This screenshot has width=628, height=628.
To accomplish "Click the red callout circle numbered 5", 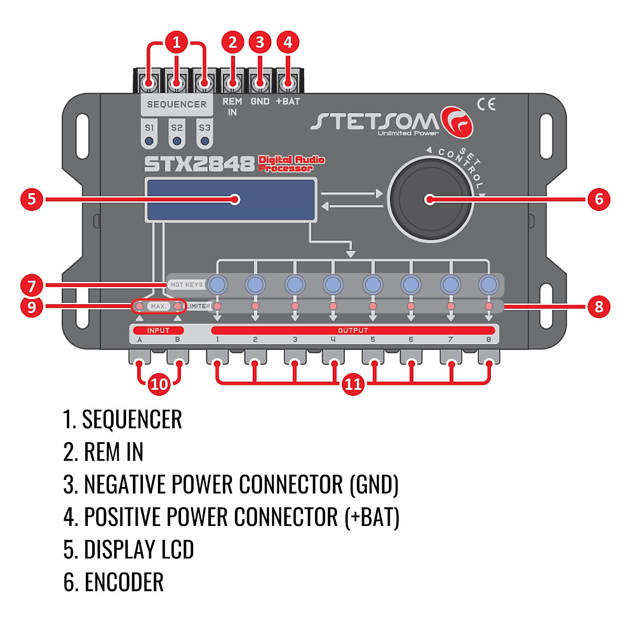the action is (31, 199).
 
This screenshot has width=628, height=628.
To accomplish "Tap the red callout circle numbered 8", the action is (599, 307).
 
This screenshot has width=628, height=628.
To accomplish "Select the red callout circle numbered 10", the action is (159, 384).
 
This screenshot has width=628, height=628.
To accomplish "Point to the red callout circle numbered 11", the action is (353, 384).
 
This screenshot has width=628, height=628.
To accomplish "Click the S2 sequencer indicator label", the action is (177, 128).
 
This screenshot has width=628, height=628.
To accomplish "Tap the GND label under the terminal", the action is (260, 102).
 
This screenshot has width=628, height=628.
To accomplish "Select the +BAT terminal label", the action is (288, 102).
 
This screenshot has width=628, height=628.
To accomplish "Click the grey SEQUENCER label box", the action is (177, 105).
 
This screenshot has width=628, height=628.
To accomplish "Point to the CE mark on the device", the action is (486, 104).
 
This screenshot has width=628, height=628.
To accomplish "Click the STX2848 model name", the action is (199, 164).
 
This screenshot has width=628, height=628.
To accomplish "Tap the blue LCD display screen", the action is (231, 200).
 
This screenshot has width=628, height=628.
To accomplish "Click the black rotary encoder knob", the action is (431, 199).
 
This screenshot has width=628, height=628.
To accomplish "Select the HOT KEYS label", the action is (186, 285).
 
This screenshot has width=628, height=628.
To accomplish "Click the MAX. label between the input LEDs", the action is (159, 306).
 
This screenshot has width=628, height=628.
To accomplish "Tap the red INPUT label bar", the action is (159, 330).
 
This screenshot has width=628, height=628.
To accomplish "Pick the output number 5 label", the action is (373, 340).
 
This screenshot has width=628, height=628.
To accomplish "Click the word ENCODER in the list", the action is (124, 582).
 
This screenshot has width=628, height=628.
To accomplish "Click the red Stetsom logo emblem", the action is (457, 122).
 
